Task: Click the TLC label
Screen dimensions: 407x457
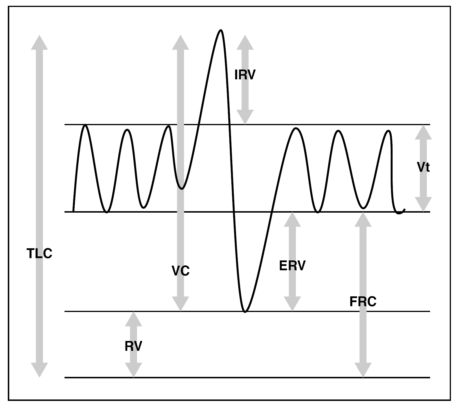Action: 39,253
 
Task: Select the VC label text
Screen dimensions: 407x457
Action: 180,271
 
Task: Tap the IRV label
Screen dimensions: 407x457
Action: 245,75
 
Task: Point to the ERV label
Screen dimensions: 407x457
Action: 292,265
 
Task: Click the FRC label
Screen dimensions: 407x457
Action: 363,302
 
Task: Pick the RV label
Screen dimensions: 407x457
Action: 133,346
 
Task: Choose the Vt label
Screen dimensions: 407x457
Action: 423,167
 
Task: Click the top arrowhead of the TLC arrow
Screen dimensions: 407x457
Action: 39,43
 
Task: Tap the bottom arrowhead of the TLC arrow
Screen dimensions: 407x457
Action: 39,370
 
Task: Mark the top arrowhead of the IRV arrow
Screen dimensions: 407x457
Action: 245,43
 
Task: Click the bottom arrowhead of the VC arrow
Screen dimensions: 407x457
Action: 180,304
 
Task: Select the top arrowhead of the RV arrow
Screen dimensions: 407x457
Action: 133,319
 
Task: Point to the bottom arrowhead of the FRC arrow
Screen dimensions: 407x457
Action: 363,370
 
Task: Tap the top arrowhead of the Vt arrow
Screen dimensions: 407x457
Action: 423,132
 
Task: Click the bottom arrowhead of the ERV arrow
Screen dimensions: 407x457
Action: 292,304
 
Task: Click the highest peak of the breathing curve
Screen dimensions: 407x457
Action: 221,30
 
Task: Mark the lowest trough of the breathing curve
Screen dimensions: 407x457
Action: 245,312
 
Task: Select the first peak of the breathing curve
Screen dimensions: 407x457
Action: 85,125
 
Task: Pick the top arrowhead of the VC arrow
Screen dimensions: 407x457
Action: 180,43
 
